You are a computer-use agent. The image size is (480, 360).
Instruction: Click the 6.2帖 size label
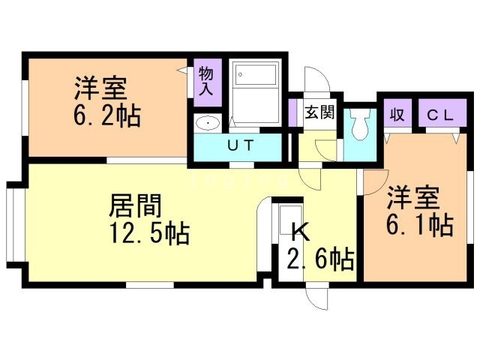(107, 116)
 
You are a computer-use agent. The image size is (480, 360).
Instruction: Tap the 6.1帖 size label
(420, 224)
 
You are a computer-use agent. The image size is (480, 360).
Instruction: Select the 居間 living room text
(136, 205)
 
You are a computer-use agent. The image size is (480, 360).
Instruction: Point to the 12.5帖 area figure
(150, 233)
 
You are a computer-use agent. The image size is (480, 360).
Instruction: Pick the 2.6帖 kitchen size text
(320, 259)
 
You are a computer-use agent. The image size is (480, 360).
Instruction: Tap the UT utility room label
(241, 145)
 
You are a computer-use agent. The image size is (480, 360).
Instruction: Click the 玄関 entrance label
(319, 112)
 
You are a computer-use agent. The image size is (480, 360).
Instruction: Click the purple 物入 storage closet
(208, 82)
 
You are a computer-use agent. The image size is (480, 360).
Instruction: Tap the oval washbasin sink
(208, 123)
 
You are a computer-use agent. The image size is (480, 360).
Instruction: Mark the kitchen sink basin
(291, 220)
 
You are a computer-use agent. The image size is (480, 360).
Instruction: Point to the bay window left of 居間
(15, 225)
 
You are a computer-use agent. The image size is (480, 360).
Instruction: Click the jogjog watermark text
(239, 181)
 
